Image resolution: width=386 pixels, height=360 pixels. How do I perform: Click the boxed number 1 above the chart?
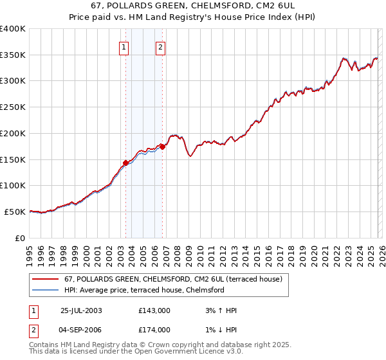pyautogui.click(x=122, y=46)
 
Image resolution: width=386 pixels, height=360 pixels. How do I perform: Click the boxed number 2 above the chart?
pyautogui.click(x=160, y=46)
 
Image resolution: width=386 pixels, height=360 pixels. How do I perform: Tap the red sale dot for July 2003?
pyautogui.click(x=126, y=163)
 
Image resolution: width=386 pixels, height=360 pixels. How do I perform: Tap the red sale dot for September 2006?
pyautogui.click(x=162, y=147)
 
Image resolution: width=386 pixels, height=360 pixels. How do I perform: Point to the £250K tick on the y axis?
pyautogui.click(x=13, y=107)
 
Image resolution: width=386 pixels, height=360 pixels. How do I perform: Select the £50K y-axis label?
pyautogui.click(x=15, y=212)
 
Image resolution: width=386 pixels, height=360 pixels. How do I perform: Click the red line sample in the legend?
pyautogui.click(x=45, y=279)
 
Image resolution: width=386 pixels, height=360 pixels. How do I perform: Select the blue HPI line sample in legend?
pyautogui.click(x=45, y=290)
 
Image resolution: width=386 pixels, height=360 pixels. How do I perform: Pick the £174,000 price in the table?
pyautogui.click(x=154, y=329)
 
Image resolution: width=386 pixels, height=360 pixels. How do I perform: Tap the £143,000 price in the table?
pyautogui.click(x=154, y=310)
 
